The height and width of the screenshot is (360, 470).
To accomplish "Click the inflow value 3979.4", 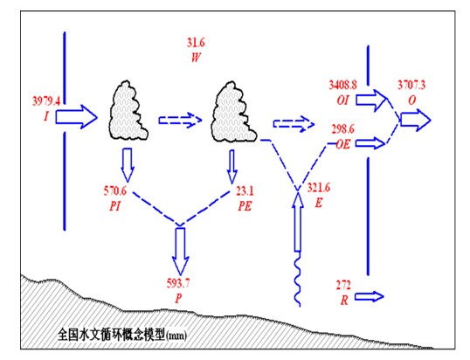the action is click(x=45, y=101).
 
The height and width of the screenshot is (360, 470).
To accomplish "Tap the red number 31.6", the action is click(x=196, y=43).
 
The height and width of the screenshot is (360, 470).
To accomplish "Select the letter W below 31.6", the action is click(x=196, y=58).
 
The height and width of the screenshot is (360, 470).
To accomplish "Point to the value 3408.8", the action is click(x=343, y=85).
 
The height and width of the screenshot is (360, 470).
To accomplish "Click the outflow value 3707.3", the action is click(x=411, y=85).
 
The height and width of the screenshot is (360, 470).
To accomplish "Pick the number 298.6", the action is click(x=342, y=129).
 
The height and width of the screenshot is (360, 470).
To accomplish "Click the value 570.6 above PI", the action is click(x=115, y=190).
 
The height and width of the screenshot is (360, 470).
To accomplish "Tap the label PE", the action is click(x=245, y=206).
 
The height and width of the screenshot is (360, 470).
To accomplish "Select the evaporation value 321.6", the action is click(x=319, y=188).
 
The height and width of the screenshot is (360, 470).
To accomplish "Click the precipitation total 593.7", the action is click(x=178, y=283).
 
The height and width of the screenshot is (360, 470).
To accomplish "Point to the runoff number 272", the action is click(x=343, y=285).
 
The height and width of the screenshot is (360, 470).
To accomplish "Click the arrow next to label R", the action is click(x=369, y=296).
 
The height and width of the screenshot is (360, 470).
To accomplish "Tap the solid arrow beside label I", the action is click(x=76, y=117).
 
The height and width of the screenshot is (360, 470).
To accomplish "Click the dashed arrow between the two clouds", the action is click(x=181, y=121).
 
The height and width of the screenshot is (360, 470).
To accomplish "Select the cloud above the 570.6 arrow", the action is click(x=128, y=111).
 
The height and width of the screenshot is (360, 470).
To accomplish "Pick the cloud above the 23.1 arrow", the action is click(x=234, y=112).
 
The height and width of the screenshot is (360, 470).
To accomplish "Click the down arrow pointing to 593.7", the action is click(x=180, y=252).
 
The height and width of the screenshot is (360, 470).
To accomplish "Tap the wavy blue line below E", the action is click(x=297, y=279).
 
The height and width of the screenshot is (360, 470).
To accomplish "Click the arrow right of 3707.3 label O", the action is click(x=416, y=121).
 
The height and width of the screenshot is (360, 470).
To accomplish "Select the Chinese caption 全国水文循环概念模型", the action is click(x=111, y=335).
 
